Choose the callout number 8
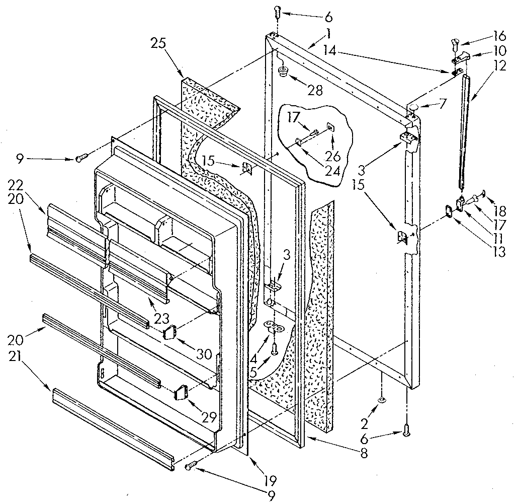point(363,453)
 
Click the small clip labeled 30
point(169,333)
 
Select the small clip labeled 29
point(181,392)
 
